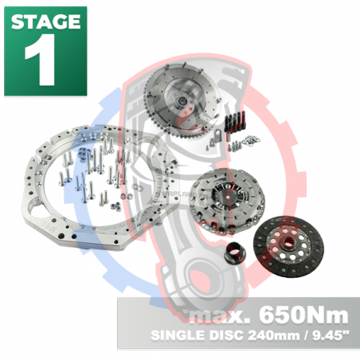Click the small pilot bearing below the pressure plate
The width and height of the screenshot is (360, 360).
pyautogui.click(x=233, y=254)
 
